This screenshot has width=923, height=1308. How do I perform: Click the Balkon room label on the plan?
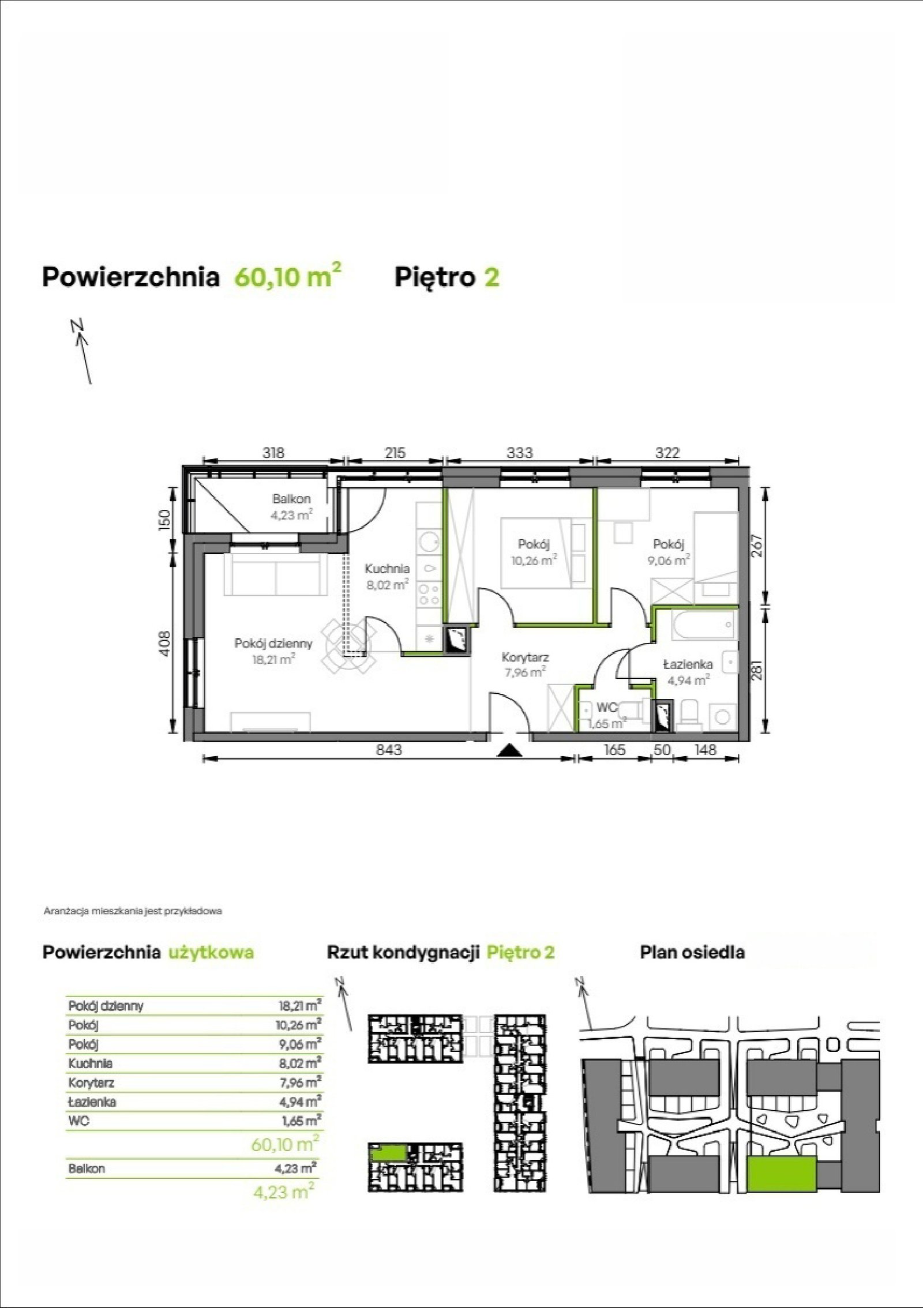coord(292,499)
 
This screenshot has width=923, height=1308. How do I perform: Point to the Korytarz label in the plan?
coord(525,657)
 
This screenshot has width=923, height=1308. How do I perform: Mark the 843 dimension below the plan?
coord(389,750)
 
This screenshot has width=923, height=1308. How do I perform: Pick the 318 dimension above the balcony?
coord(273,453)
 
